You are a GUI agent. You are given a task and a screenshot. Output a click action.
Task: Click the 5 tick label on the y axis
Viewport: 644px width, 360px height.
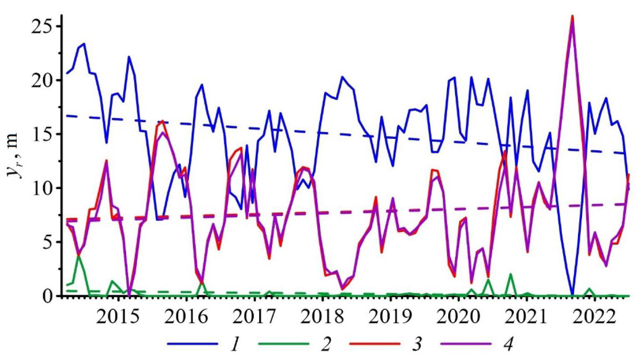[49, 242]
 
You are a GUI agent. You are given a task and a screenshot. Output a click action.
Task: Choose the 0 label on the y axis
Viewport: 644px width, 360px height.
[49, 296]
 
